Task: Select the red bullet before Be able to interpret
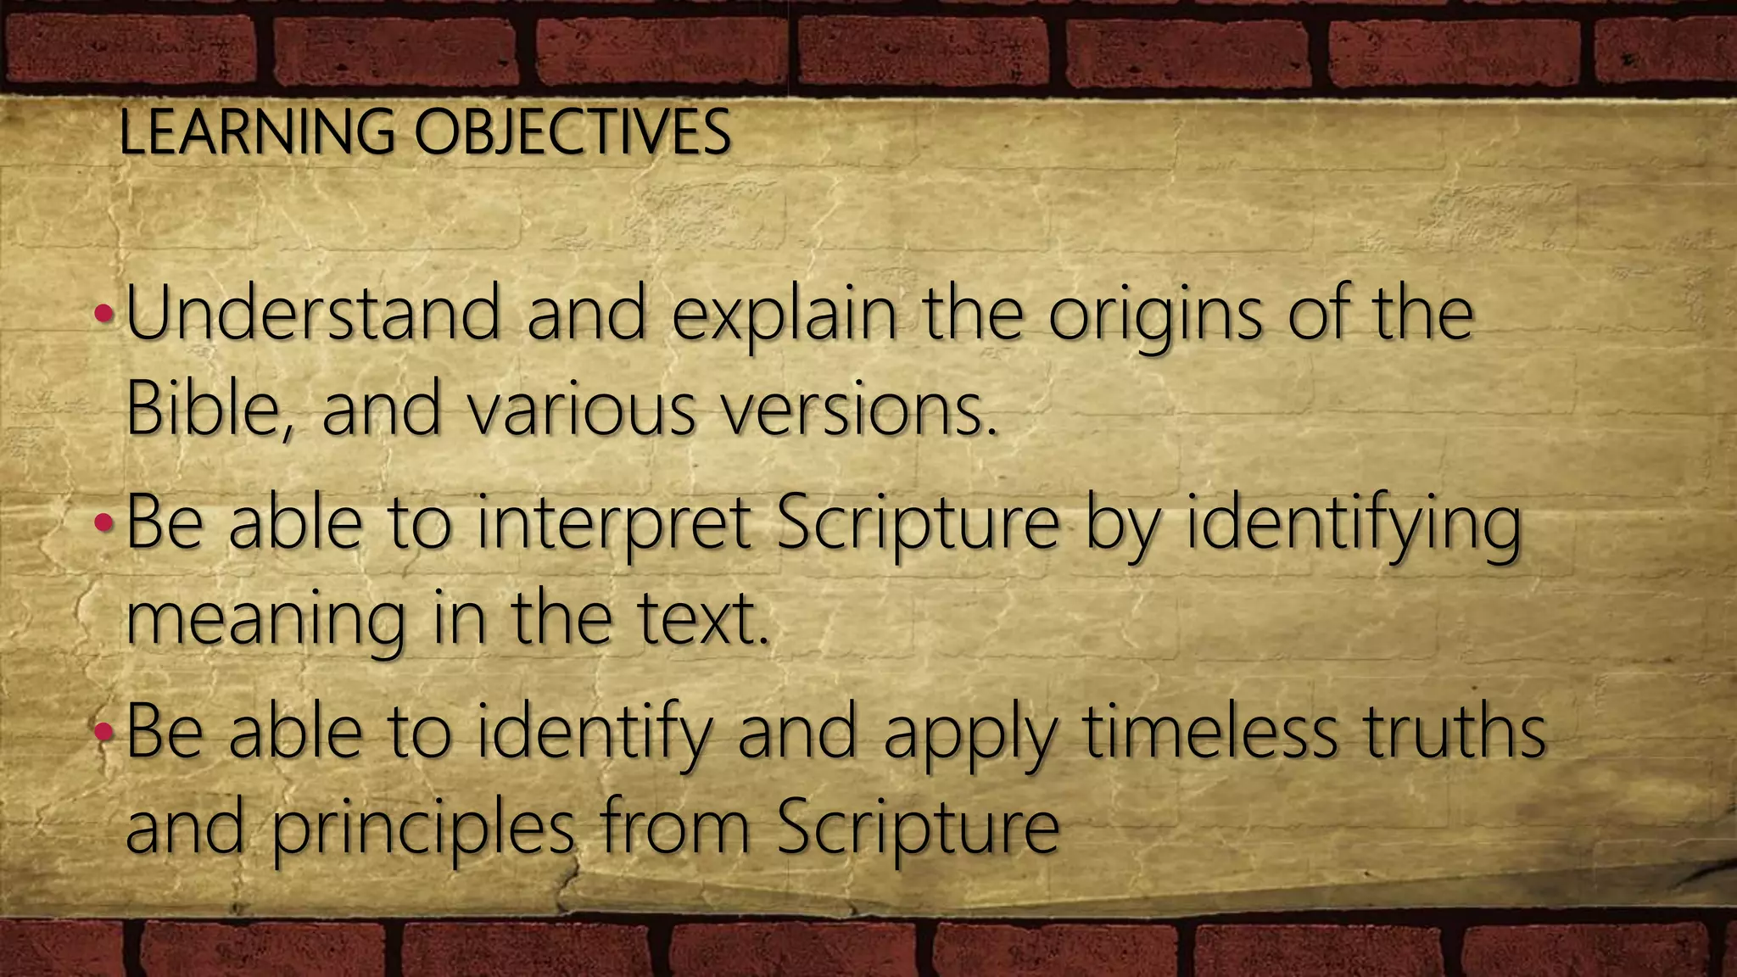104,523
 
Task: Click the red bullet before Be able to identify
104,731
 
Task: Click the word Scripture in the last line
918,829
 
